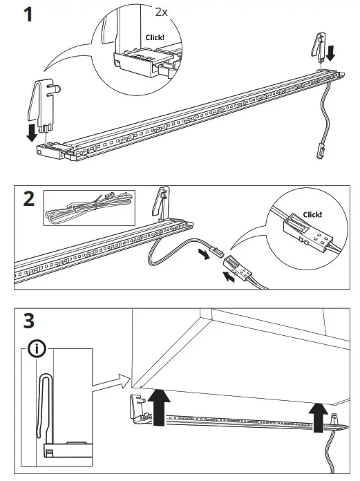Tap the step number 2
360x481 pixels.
pos(28,200)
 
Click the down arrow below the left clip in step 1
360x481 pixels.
pos(32,131)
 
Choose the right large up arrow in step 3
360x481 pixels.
pos(319,417)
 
